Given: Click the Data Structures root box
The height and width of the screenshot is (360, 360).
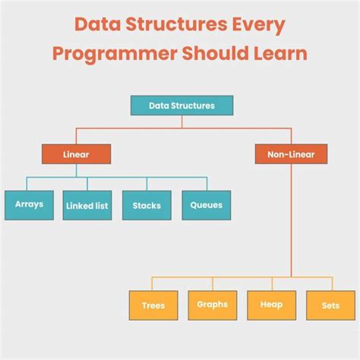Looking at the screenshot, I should tap(182, 105).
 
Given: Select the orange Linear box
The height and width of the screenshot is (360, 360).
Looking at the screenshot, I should tap(76, 155).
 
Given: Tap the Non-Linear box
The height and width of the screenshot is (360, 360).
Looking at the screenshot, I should tap(291, 155).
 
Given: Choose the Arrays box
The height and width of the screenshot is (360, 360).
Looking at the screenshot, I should tap(29, 204).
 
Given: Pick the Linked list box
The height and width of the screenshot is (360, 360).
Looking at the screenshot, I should tap(87, 205).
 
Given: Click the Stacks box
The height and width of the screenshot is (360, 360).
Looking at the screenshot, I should tap(145, 205).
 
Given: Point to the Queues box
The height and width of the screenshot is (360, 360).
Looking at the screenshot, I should tap(206, 204).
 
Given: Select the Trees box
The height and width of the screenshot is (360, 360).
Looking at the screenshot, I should tap(153, 306).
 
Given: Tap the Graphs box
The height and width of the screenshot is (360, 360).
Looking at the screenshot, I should tap(212, 305).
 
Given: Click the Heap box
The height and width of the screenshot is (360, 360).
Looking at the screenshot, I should tap(271, 305).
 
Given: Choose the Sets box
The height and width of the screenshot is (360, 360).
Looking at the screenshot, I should tap(330, 305).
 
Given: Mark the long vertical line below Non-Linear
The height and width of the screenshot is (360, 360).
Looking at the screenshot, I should tap(291, 220).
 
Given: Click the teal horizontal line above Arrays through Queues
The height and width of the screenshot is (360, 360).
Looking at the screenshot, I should tap(114, 177).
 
